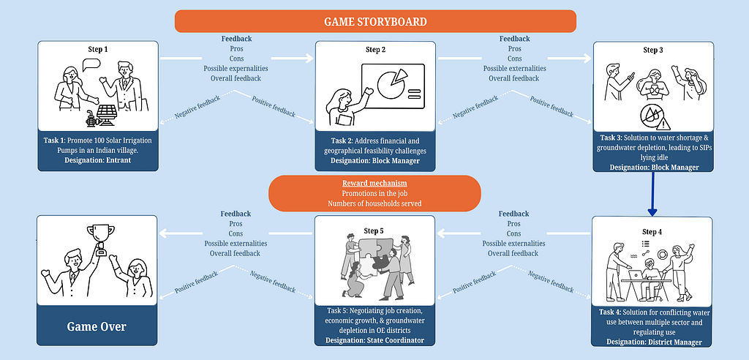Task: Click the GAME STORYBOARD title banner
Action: point(375,21)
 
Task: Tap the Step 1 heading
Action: point(97,50)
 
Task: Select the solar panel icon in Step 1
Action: point(107,114)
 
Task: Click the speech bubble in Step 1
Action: point(91,64)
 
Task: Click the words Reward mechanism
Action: point(374,182)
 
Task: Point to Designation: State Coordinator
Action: point(374,340)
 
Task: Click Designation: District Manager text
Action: point(652,342)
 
